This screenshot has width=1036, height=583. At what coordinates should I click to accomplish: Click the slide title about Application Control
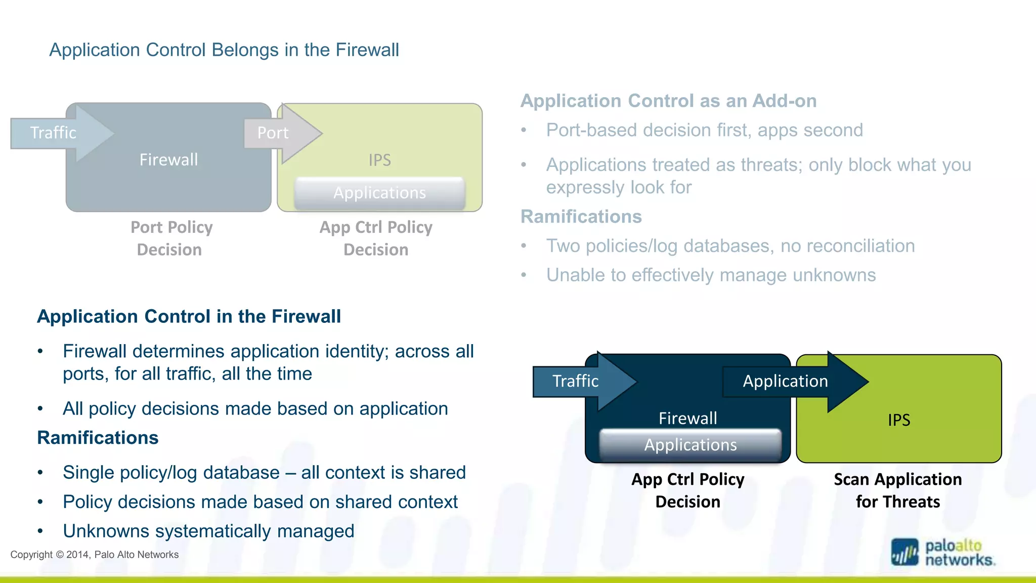224,50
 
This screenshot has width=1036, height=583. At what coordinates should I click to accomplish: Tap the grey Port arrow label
273,133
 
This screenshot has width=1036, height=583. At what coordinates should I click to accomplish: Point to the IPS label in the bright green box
898,420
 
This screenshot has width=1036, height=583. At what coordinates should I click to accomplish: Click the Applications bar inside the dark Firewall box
690,445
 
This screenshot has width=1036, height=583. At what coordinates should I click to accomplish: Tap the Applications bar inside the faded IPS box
379,193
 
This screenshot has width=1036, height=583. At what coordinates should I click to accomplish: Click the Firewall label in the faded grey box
168,160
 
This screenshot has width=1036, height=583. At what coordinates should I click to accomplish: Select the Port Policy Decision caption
171,238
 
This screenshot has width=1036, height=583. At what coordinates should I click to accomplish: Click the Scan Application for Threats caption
897,490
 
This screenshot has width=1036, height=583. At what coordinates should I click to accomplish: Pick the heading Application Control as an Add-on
668,101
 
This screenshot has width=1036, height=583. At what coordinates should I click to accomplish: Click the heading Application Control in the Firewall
189,317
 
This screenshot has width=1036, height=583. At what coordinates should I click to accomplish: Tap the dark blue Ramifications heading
98,438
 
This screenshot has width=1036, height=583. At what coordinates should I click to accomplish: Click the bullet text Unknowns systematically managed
208,531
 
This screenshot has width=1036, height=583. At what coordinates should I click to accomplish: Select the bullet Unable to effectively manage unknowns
711,275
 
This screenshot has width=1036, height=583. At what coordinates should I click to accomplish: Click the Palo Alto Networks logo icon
904,552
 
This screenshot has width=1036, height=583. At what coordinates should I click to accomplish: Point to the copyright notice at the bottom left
95,555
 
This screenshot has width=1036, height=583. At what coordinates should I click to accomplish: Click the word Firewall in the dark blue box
687,419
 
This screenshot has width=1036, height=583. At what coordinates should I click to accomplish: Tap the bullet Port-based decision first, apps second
704,131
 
